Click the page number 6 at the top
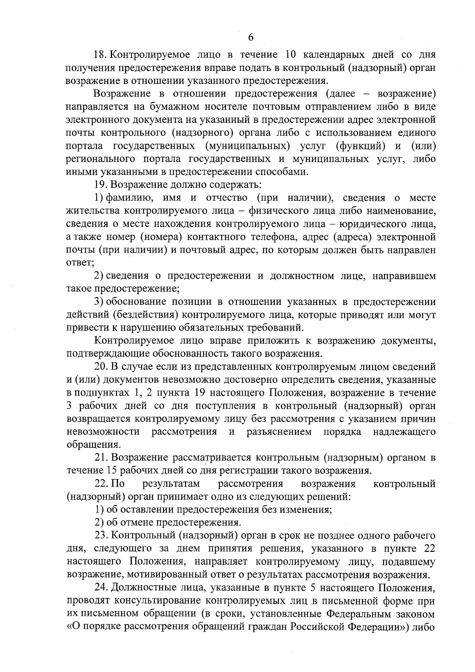250,37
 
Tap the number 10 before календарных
291,54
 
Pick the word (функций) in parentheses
360,146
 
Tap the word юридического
370,224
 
